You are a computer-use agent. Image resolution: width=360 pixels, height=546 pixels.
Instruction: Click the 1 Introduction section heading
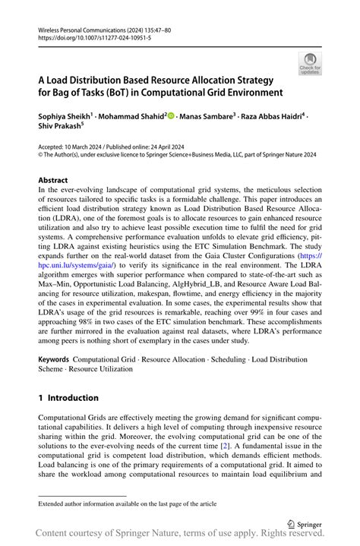pyautogui.click(x=68, y=397)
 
